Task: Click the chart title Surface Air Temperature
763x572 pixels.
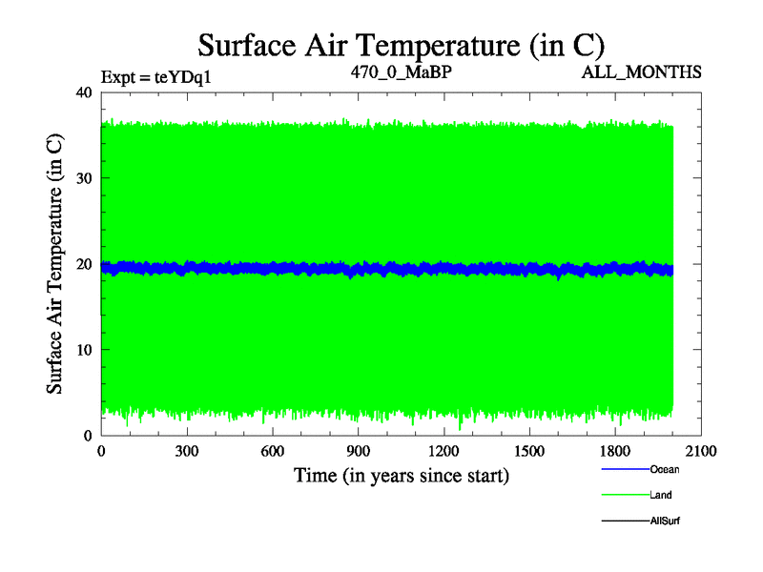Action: click(401, 45)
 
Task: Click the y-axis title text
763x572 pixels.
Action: click(56, 263)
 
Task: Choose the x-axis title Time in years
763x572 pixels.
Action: click(401, 474)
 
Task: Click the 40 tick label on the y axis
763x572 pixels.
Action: click(83, 92)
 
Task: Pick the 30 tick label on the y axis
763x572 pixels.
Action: click(83, 178)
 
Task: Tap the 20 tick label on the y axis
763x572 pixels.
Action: click(83, 264)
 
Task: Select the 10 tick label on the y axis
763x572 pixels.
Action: click(83, 350)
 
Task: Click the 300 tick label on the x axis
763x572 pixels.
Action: click(187, 452)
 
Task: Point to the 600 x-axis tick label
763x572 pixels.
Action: click(273, 452)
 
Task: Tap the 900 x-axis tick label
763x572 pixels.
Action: click(359, 452)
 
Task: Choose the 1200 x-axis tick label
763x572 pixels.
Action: click(443, 452)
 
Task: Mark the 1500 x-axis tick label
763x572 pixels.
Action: click(529, 452)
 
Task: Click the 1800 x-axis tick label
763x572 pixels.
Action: click(615, 452)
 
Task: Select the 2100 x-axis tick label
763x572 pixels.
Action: click(701, 452)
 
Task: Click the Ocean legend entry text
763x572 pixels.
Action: click(665, 469)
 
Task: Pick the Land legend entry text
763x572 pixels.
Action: click(661, 495)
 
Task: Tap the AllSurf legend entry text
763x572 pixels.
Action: click(665, 521)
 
